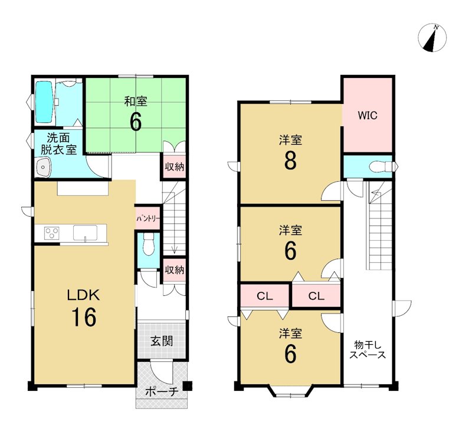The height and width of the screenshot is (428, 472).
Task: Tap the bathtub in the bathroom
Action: point(45,102)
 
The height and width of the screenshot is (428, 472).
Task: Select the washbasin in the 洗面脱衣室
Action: point(43,168)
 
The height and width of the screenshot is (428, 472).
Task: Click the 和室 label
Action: point(136,101)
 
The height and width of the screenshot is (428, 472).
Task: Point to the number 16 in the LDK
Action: point(84,317)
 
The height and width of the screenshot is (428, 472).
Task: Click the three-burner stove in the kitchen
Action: point(51,233)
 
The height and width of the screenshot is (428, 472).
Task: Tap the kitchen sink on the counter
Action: point(85,233)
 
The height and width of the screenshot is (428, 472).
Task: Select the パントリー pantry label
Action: point(148,218)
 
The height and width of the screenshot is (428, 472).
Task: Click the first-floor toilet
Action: point(149,245)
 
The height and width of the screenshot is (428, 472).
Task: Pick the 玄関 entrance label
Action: point(162,341)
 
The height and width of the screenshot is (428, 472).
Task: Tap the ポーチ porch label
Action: point(162,391)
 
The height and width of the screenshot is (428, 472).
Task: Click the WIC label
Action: point(368,115)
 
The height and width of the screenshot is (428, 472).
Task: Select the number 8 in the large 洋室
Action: point(290,161)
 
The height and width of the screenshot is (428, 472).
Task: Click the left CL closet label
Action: point(265,296)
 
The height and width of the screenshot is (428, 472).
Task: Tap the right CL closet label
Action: point(316,296)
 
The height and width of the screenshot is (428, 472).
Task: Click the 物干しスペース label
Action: point(368,349)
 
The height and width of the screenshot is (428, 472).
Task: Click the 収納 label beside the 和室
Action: point(174,166)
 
